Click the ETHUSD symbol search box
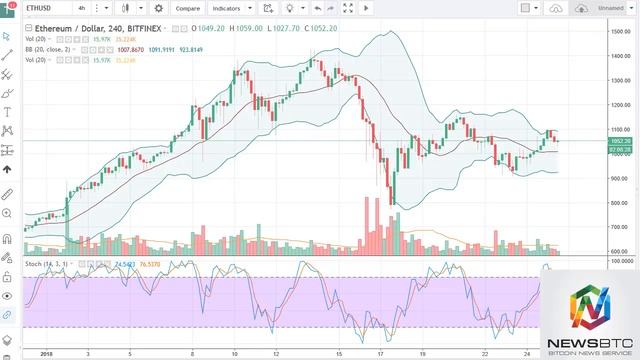[x=45, y=8]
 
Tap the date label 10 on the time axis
[x=233, y=353]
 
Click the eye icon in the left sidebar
[x=8, y=297]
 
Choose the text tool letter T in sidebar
[x=8, y=112]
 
